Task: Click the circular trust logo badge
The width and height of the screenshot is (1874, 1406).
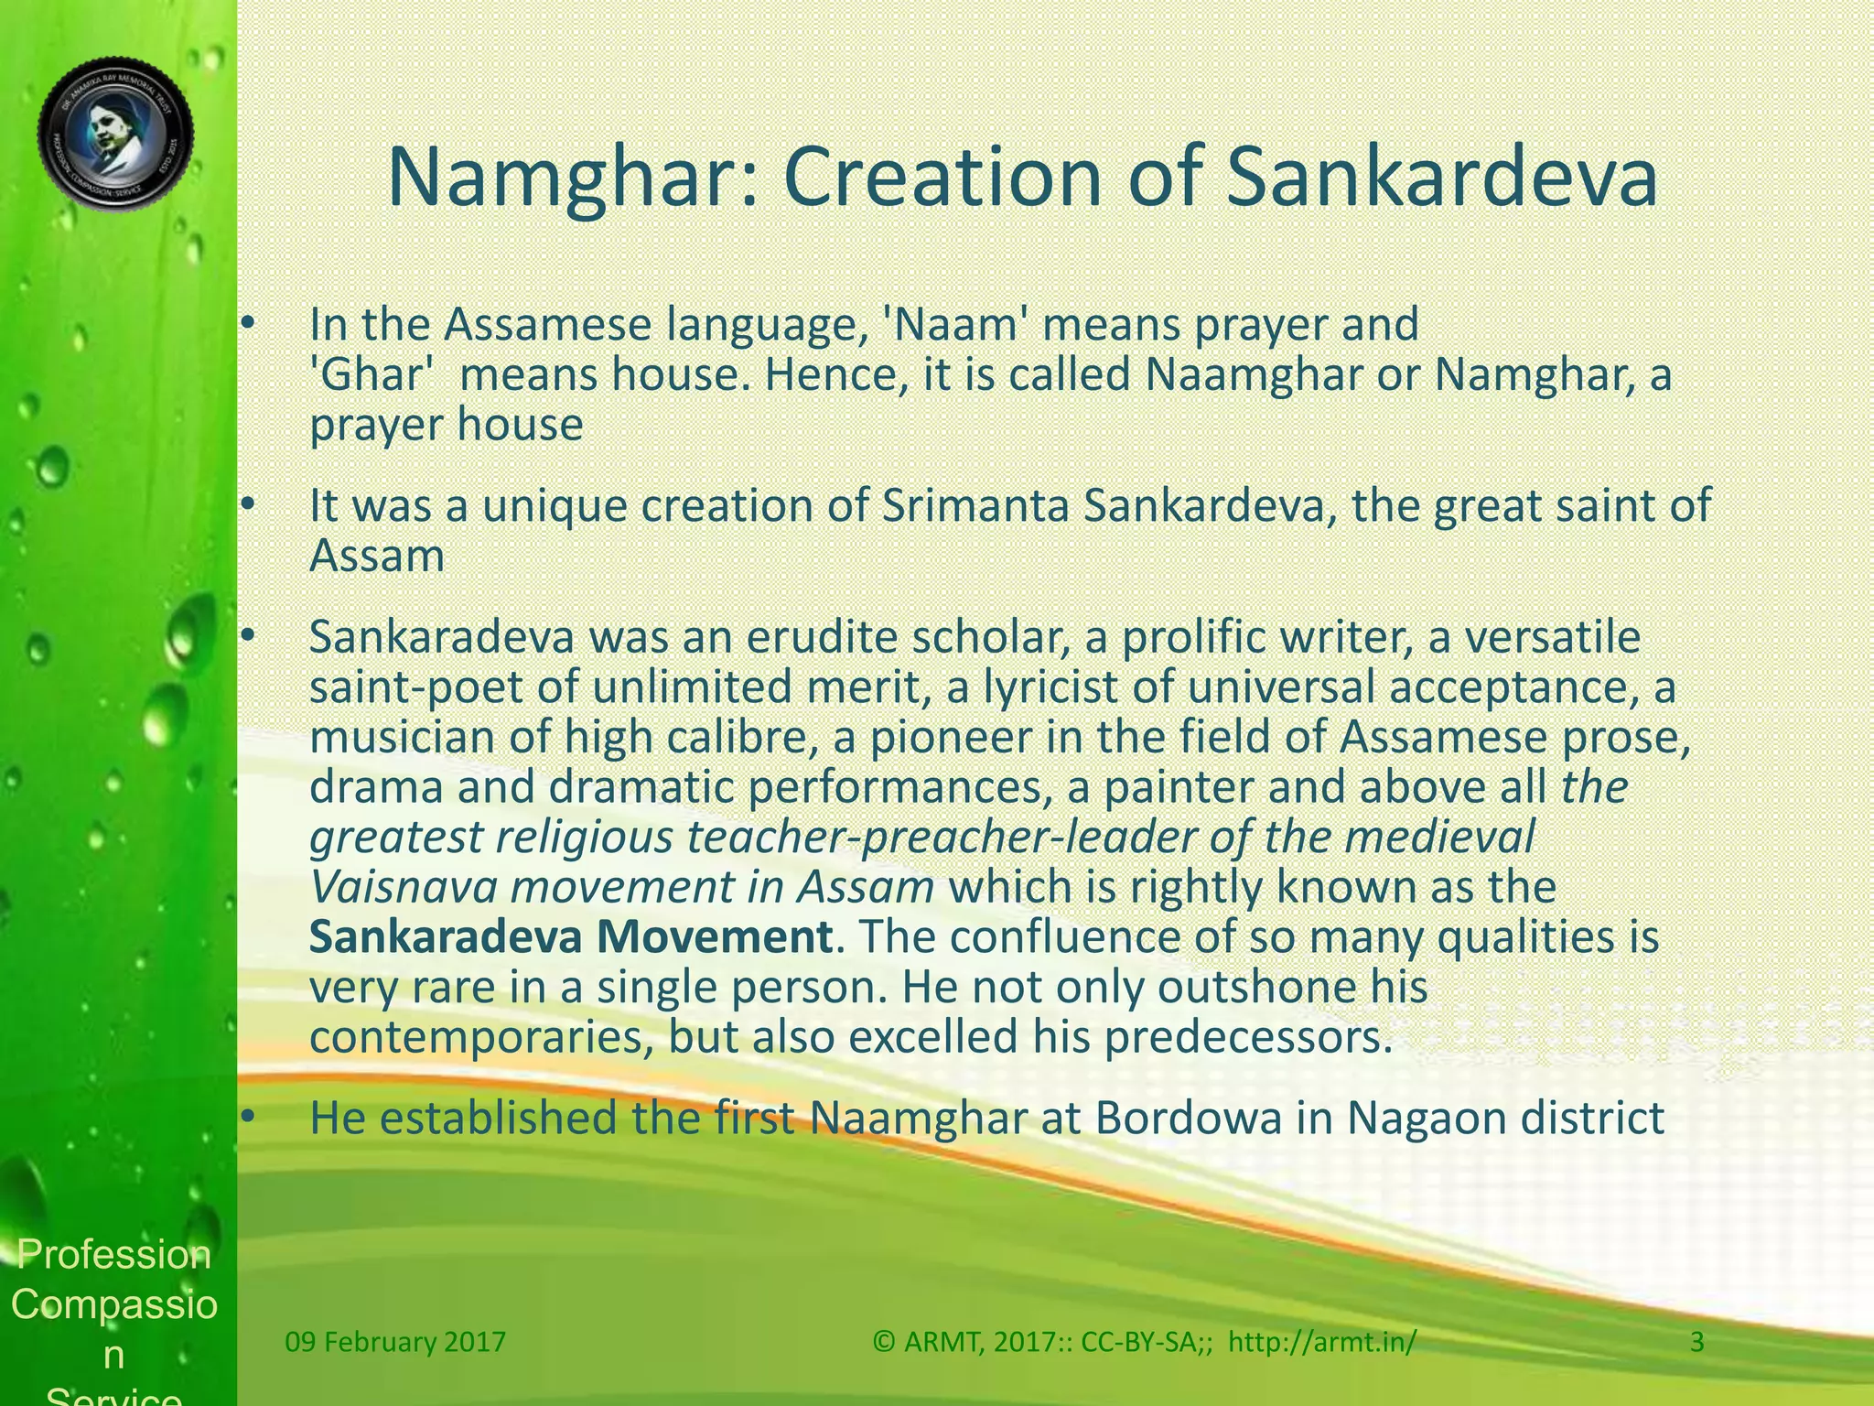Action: [x=115, y=135]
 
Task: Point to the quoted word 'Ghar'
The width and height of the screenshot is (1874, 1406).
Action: [x=371, y=374]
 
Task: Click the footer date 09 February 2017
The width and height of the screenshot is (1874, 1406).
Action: [x=395, y=1342]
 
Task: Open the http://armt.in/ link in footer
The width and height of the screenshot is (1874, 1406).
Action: [x=1321, y=1342]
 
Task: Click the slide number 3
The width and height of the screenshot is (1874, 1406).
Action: [x=1696, y=1342]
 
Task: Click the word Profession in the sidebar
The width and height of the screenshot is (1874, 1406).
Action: [x=114, y=1254]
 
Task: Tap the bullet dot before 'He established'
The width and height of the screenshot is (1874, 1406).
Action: [x=245, y=1118]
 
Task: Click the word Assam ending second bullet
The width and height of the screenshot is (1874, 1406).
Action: [x=377, y=556]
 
